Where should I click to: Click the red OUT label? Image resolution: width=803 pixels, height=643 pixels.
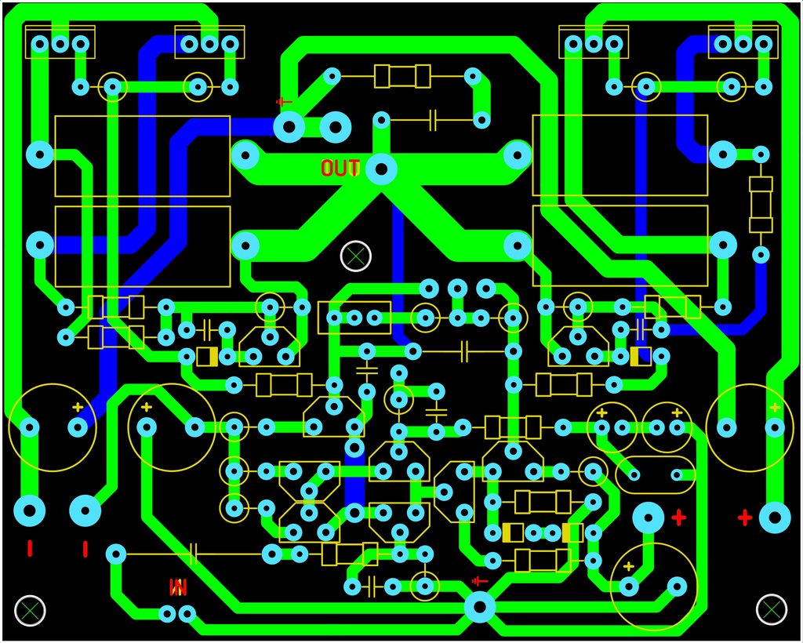pos(340,168)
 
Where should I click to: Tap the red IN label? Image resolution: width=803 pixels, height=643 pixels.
pos(178,587)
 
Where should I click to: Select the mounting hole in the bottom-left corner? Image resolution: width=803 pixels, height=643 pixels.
pos(30,610)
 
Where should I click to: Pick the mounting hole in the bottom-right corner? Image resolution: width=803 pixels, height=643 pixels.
pos(772,609)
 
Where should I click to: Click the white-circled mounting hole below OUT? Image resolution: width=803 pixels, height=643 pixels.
pos(355,256)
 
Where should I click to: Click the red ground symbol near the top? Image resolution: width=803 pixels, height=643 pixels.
pos(283,102)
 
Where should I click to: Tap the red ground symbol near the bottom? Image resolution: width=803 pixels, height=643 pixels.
pos(479,581)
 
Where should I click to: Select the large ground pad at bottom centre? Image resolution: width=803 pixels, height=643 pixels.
pos(479,607)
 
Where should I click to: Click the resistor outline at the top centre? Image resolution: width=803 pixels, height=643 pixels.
pos(402,76)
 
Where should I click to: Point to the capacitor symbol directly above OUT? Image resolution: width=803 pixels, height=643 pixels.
pos(433,120)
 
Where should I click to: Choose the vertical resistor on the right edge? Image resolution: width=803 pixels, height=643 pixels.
pos(761,205)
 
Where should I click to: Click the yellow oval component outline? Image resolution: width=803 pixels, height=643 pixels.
pos(655,475)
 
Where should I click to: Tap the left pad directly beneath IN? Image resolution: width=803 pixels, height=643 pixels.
pos(167,613)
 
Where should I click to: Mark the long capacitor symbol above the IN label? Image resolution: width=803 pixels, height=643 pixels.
pos(194,554)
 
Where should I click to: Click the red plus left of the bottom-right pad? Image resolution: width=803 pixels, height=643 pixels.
pos(745,518)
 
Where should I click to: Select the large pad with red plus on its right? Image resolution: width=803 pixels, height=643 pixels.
pos(649,518)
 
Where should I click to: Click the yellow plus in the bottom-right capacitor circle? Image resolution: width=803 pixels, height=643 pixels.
pos(628,566)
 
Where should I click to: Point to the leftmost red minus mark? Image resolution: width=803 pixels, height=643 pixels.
pos(30,549)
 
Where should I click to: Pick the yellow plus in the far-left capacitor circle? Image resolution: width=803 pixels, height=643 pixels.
pos(78,408)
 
